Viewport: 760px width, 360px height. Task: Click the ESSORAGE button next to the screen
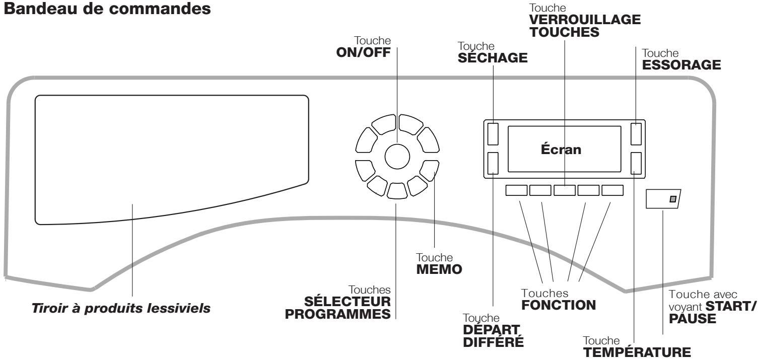pyautogui.click(x=637, y=134)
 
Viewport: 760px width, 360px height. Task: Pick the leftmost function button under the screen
pyautogui.click(x=515, y=190)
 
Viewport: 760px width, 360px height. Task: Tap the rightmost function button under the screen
pyautogui.click(x=612, y=190)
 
